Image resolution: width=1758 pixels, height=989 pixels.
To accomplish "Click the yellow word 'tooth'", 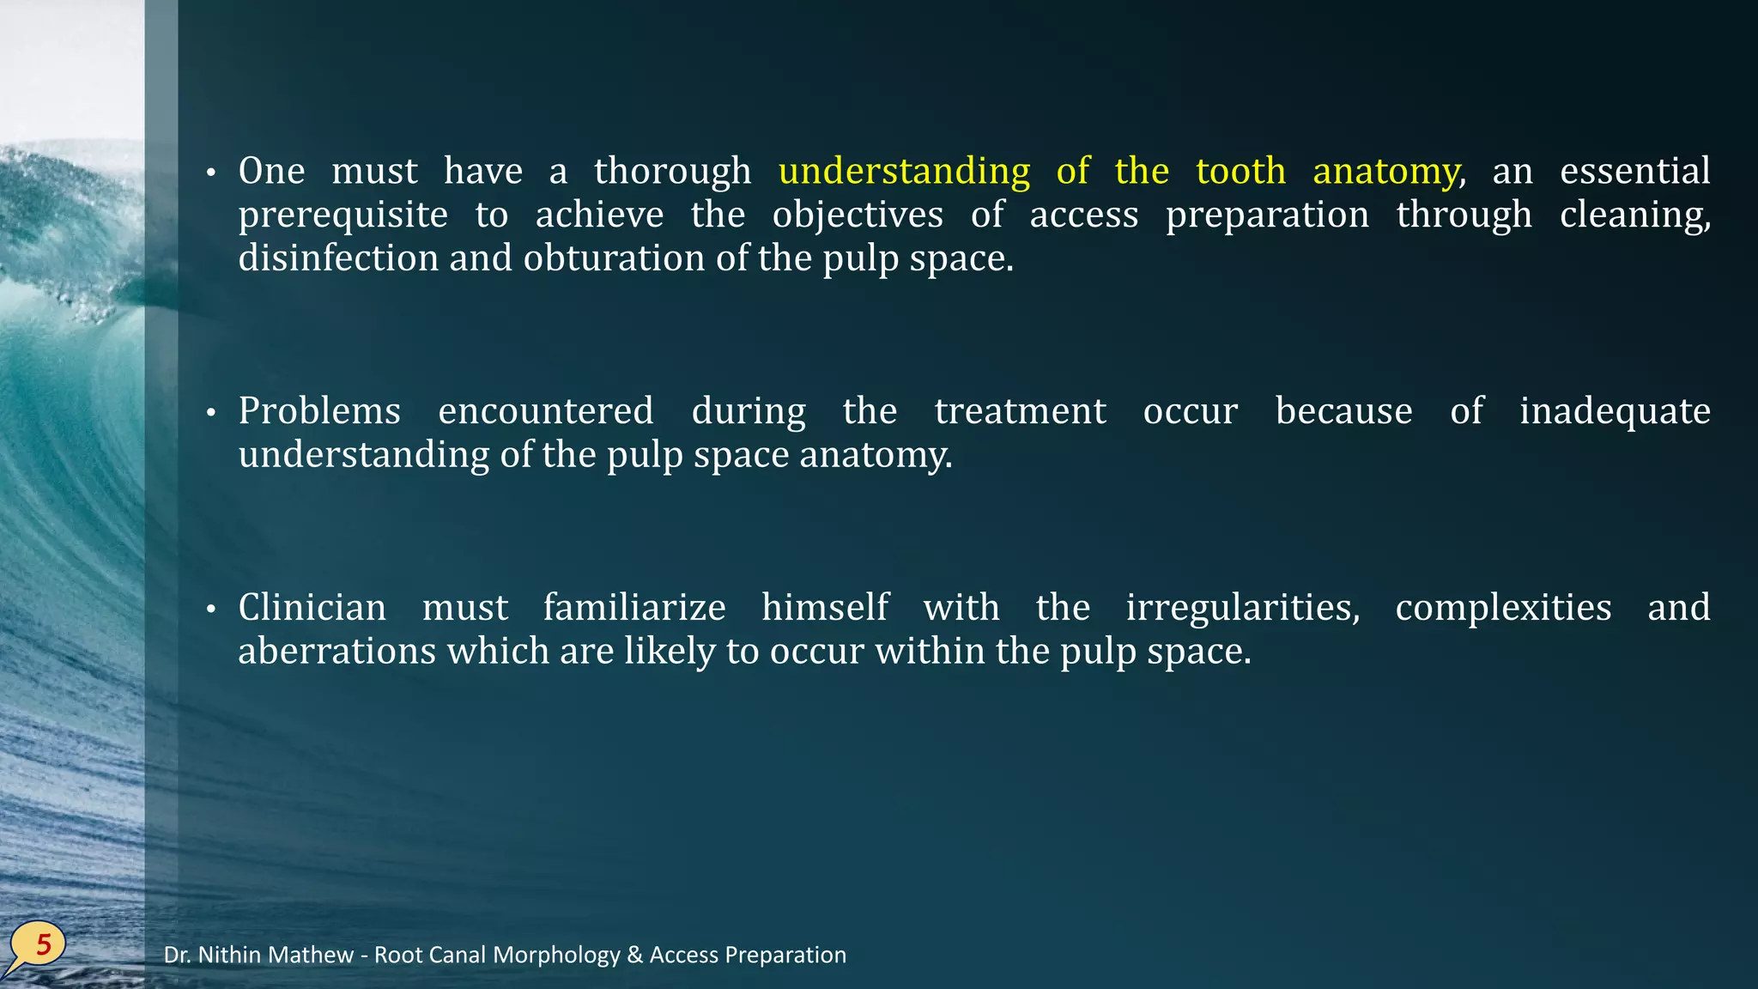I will (1240, 171).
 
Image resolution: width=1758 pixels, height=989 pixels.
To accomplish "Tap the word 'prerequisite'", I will (343, 215).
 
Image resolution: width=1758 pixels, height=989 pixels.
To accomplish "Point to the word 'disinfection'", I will (338, 258).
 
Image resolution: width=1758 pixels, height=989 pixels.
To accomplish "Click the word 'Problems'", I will (319, 410).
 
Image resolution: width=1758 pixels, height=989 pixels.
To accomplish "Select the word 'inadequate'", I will (1614, 410).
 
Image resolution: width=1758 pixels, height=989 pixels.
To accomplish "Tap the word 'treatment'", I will (1020, 410).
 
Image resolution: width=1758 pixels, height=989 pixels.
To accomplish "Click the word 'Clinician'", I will (312, 607).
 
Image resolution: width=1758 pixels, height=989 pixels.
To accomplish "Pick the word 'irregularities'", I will (1242, 607).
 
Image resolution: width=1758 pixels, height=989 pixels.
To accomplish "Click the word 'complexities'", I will (1503, 607).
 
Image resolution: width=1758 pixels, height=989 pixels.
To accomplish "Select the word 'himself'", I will (824, 607).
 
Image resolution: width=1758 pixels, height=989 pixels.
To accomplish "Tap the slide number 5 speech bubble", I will (39, 945).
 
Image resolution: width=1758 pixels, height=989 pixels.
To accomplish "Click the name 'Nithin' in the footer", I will (229, 955).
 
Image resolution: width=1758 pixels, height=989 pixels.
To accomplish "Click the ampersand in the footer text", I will (635, 955).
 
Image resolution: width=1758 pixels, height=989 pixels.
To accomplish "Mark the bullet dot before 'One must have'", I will (210, 173).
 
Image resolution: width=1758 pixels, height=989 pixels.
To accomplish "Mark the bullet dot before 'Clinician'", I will (210, 610).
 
